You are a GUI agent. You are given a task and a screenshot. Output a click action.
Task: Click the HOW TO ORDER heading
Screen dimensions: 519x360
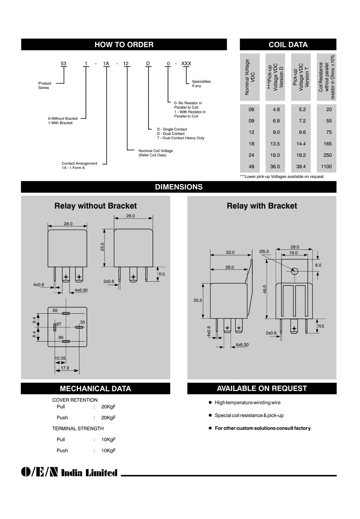pos(124,45)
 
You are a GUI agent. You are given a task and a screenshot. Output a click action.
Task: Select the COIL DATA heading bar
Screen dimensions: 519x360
pos(288,45)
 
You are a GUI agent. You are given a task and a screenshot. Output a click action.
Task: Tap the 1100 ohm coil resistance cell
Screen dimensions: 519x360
pos(326,167)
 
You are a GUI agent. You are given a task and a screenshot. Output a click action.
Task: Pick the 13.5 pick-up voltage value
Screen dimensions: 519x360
pos(275,144)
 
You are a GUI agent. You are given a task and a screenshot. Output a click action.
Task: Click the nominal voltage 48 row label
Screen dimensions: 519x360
pos(251,167)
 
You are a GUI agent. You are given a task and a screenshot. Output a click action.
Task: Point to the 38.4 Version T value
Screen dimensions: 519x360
pos(301,167)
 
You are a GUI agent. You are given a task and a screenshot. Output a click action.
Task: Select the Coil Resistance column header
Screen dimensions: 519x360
pos(327,77)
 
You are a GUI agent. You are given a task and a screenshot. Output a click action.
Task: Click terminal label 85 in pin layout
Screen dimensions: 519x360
pos(55,311)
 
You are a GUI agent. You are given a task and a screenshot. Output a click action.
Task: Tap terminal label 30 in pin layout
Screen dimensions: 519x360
pos(82,322)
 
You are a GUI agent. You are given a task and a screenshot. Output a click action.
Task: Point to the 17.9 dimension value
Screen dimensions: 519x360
pos(65,368)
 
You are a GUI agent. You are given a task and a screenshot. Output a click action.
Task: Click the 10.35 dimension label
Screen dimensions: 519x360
pos(60,358)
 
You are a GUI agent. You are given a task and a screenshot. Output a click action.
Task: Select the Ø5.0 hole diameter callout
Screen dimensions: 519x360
pos(264,252)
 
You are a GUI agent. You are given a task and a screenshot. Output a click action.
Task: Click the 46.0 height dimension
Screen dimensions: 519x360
pos(265,289)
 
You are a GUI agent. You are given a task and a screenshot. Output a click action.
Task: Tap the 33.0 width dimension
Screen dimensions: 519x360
pos(230,252)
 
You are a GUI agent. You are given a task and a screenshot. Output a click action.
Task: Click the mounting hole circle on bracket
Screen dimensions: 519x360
pos(294,271)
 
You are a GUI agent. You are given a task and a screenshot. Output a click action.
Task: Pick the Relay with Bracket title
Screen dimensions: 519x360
pos(262,206)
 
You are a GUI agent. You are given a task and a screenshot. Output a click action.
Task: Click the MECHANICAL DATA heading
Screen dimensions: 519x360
pos(95,389)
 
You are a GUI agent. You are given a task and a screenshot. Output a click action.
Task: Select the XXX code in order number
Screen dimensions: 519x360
pos(186,64)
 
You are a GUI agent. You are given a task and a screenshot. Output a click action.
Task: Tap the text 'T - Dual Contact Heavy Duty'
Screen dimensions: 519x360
pos(181,138)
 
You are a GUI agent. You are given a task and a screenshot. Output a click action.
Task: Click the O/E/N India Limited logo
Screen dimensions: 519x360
pos(69,473)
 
